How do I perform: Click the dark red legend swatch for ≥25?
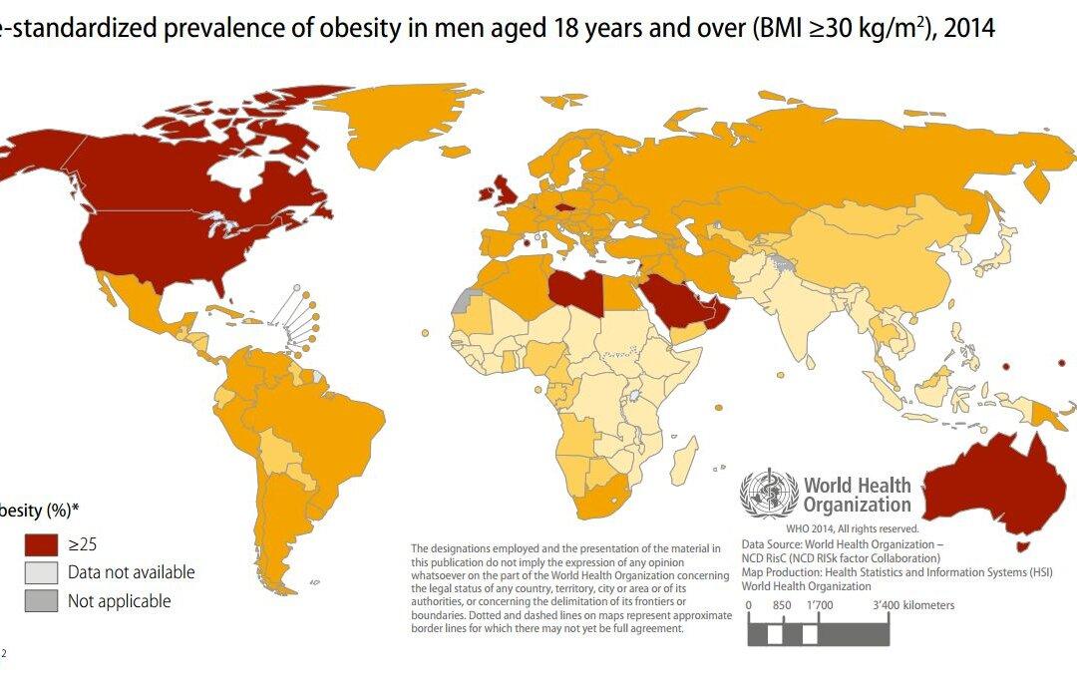tap(41, 544)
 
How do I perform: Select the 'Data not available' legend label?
tap(131, 572)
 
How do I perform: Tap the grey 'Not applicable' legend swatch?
tap(41, 601)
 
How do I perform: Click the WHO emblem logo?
tap(768, 494)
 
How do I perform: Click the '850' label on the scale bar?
tap(782, 605)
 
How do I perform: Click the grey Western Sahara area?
tap(462, 300)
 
